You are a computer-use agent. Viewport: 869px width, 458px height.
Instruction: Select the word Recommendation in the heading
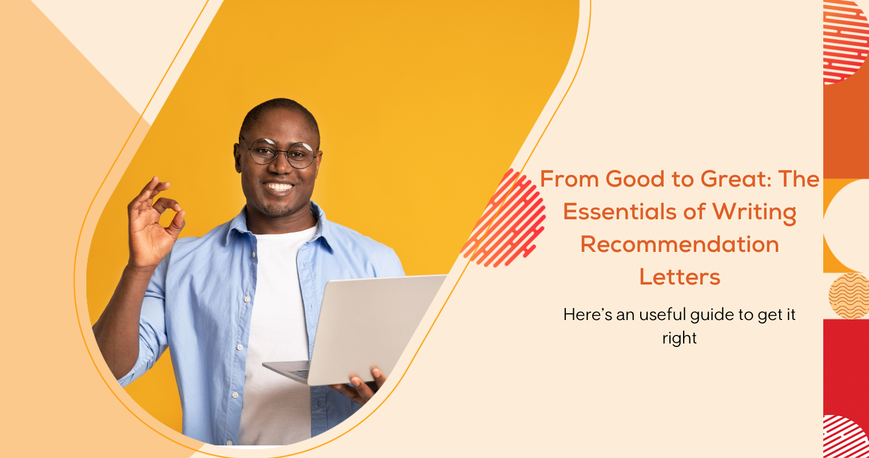pyautogui.click(x=680, y=244)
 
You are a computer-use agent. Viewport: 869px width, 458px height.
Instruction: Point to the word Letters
pyautogui.click(x=680, y=277)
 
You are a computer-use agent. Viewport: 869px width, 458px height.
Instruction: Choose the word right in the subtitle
pyautogui.click(x=679, y=338)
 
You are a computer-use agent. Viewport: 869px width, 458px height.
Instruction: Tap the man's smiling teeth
pyautogui.click(x=279, y=187)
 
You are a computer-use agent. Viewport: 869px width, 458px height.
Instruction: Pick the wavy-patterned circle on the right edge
pyautogui.click(x=849, y=296)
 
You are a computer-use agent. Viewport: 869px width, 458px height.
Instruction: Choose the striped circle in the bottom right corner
pyautogui.click(x=846, y=437)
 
